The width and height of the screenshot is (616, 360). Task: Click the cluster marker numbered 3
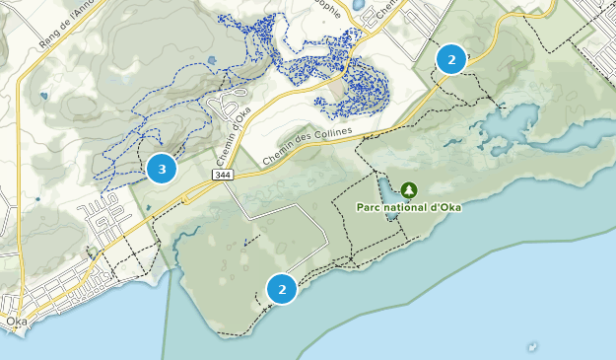click(x=162, y=169)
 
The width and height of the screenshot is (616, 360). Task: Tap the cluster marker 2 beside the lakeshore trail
click(x=282, y=289)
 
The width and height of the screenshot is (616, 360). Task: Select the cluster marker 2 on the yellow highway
click(x=451, y=59)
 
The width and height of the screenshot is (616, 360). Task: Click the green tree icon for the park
click(x=409, y=189)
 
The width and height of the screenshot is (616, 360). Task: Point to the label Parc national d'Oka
click(x=409, y=207)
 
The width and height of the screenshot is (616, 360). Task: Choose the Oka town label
click(x=15, y=322)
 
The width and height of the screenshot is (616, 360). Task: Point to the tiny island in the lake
click(x=533, y=346)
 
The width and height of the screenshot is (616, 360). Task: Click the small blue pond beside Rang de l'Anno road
click(x=43, y=96)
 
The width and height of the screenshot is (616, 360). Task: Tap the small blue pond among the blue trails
click(x=212, y=61)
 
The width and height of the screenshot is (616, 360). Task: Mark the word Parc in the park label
click(x=369, y=207)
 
